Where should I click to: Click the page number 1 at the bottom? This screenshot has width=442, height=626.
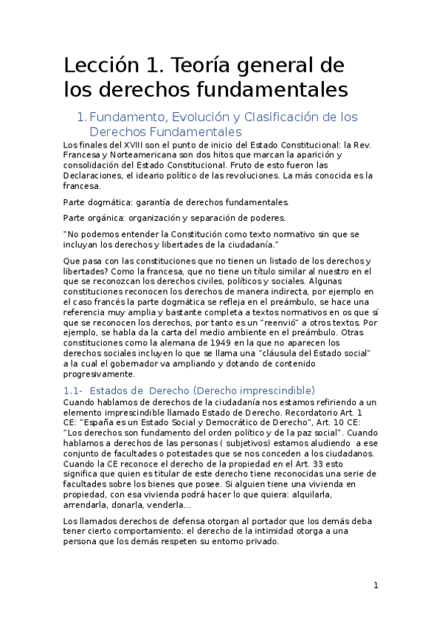[x=376, y=585]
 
